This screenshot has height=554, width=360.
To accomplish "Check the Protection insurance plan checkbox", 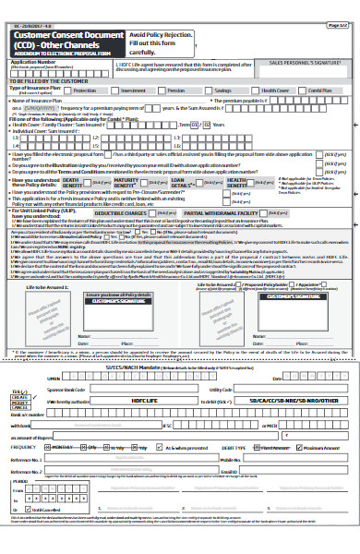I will pos(68,91).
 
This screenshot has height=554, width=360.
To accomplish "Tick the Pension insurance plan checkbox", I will pos(163,91).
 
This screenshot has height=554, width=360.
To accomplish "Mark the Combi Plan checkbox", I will pos(305,91).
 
